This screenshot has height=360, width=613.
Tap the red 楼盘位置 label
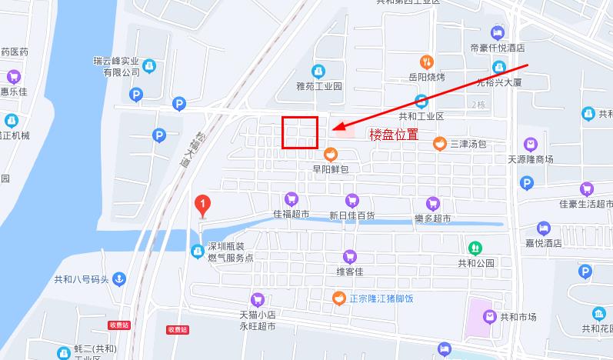[394, 134]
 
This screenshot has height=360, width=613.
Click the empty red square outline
[300, 132]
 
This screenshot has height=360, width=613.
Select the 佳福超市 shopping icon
[290, 199]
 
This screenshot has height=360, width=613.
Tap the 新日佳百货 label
[351, 216]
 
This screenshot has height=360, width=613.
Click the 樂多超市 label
[432, 218]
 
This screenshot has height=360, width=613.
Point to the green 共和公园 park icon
[475, 248]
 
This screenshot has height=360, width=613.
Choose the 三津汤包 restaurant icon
[439, 143]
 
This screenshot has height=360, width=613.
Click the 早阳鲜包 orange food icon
[331, 153]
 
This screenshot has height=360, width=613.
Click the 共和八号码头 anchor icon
[118, 279]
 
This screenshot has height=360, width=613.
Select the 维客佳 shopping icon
[349, 256]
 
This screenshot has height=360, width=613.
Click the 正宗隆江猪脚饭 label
[381, 298]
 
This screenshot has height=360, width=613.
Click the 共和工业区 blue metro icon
[421, 101]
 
